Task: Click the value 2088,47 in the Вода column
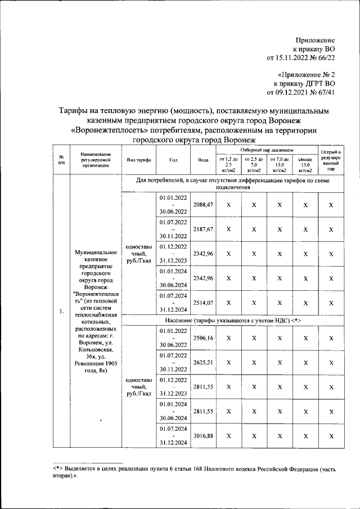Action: pyautogui.click(x=202, y=206)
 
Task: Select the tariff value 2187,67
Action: pyautogui.click(x=202, y=230)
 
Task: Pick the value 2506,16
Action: pyautogui.click(x=202, y=338)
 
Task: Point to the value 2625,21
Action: pyautogui.click(x=202, y=363)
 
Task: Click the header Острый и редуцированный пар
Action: pyautogui.click(x=331, y=160)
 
